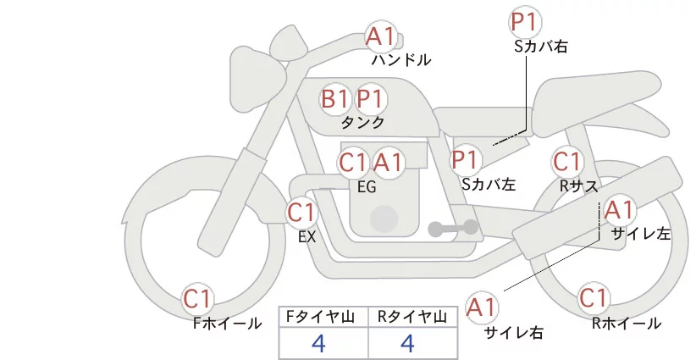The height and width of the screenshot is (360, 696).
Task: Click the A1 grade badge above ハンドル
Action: (x=380, y=36)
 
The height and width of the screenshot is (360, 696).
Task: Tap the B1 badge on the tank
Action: (x=334, y=99)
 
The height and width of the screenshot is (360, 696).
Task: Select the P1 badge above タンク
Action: (x=370, y=99)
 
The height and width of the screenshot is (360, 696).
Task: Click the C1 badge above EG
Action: (x=353, y=162)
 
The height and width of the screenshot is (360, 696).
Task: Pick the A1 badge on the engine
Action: (x=389, y=162)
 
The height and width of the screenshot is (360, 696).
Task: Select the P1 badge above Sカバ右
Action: (x=525, y=21)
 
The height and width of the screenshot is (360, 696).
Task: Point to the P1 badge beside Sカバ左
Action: (x=466, y=158)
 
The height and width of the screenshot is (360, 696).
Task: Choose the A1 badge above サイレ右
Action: (x=483, y=306)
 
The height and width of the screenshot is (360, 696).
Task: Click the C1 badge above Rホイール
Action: (x=594, y=298)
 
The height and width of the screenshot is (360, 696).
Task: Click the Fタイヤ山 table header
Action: (x=323, y=317)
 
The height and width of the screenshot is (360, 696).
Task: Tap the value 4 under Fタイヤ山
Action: (x=318, y=344)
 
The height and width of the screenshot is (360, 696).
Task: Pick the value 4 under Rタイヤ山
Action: (x=407, y=344)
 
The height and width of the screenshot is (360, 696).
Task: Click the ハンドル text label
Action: (x=401, y=60)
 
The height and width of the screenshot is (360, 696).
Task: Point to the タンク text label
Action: (x=362, y=123)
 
